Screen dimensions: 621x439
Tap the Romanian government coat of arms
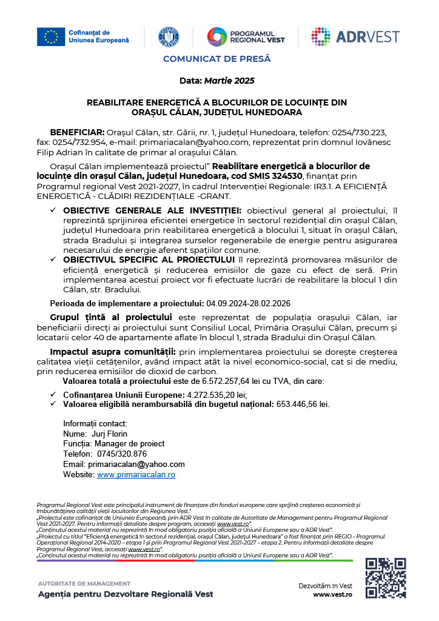tap(169, 36)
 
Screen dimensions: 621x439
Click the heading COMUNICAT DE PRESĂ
tap(216, 59)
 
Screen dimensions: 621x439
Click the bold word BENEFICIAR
tap(77, 132)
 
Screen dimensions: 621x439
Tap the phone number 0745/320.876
tap(119, 454)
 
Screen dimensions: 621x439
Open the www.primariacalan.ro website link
tap(136, 474)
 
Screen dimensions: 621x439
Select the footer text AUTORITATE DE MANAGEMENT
tap(84, 583)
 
